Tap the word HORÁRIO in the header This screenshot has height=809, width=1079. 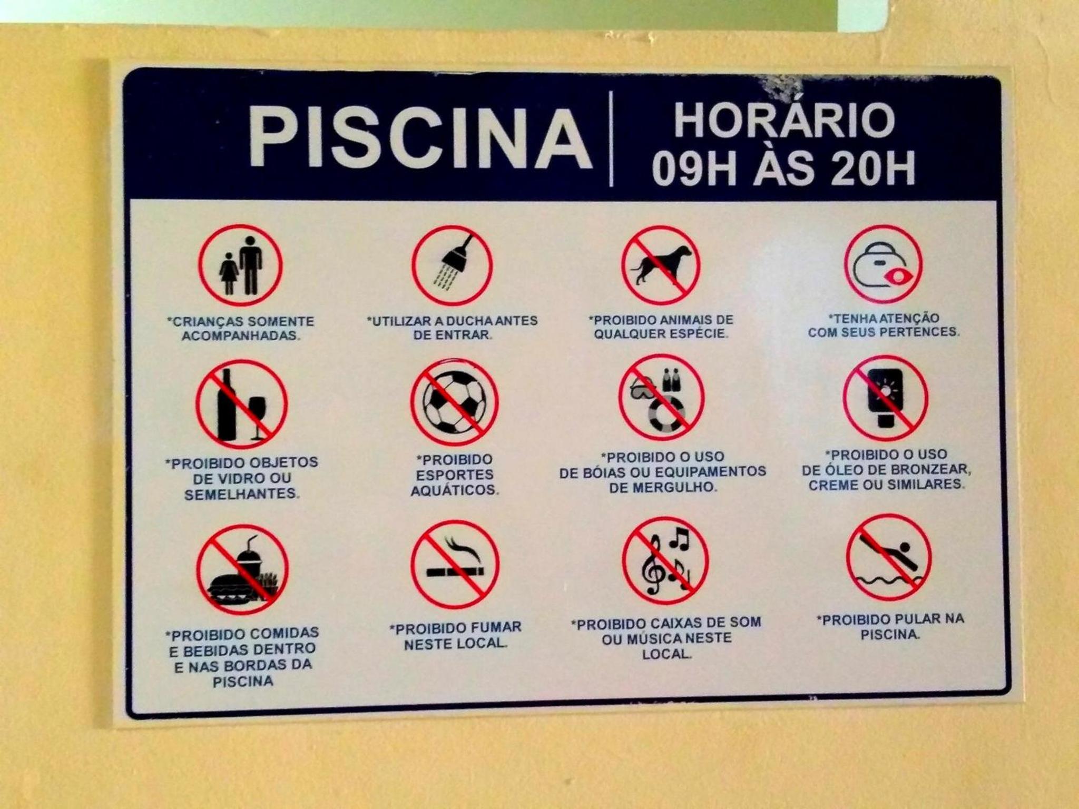(784, 120)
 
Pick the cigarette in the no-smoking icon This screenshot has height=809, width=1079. (455, 571)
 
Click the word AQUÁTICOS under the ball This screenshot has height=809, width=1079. (455, 490)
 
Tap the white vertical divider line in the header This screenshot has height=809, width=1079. (611, 139)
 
